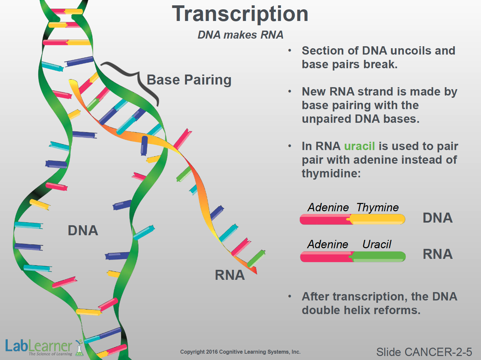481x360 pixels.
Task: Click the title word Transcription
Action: [240, 14]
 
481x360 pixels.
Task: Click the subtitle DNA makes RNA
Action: [240, 35]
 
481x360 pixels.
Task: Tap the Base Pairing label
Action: [189, 80]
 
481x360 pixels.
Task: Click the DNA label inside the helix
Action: [83, 230]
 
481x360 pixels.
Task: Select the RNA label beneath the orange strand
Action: [230, 275]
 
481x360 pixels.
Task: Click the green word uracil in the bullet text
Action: [359, 146]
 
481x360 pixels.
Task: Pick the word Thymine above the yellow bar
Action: [377, 207]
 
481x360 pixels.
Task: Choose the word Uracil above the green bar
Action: [377, 244]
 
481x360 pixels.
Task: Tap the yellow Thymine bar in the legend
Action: [378, 219]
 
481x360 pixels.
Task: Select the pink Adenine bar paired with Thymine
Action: [324, 219]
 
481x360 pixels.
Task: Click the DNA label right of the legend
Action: [437, 218]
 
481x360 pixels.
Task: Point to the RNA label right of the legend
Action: [437, 254]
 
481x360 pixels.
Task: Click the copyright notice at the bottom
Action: [240, 352]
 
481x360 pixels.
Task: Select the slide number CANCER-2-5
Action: [424, 352]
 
